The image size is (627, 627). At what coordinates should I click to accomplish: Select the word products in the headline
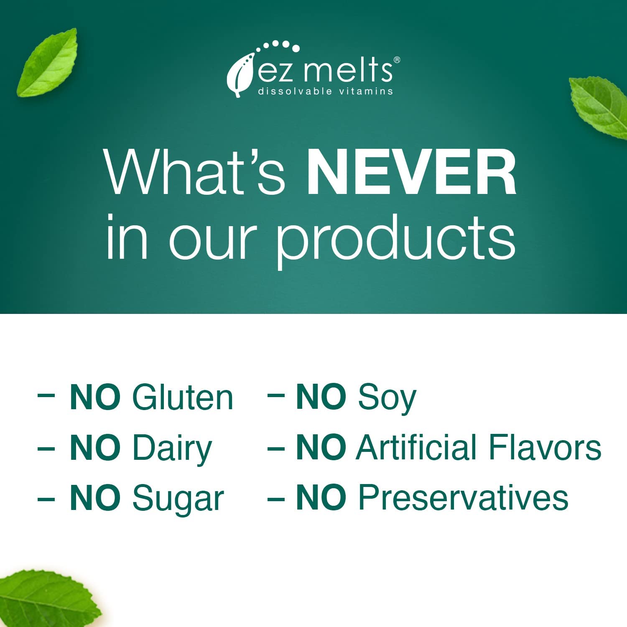396,240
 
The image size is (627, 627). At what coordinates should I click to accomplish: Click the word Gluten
183,397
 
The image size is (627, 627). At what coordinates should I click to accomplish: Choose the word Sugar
178,500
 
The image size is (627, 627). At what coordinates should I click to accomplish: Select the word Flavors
545,447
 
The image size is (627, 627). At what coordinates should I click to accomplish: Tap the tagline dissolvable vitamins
326,91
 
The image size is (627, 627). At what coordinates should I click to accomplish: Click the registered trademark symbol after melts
397,60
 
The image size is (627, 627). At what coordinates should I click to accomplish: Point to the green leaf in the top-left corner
47,63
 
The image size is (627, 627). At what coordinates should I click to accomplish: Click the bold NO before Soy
321,397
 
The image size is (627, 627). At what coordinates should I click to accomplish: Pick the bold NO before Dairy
95,447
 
